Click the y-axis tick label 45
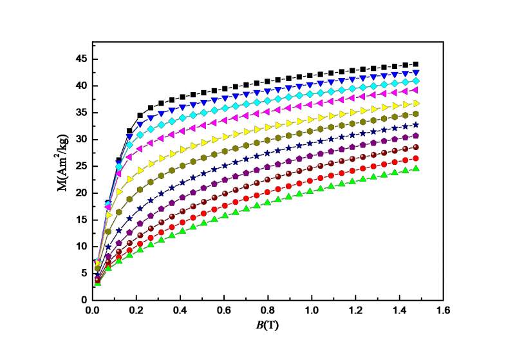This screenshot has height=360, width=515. pos(80,59)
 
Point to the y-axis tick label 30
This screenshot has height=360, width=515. pos(80,139)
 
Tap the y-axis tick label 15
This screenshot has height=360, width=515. pos(80,220)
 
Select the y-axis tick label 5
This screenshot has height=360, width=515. pos(82,273)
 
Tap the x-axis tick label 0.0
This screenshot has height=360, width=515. pos(92,310)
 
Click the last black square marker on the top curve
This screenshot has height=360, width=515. pos(415,64)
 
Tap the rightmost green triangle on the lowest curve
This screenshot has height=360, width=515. pos(415,169)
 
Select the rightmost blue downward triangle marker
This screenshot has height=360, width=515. pos(415,72)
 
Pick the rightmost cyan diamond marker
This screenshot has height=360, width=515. pos(415,81)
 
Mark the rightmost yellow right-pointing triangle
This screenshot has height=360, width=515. pos(415,103)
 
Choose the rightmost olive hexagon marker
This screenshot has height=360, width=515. pos(415,114)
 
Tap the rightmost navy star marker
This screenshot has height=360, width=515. pos(415,125)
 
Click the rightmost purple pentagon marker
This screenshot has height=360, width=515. pos(415,136)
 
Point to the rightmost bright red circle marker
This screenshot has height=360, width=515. pos(415,158)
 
